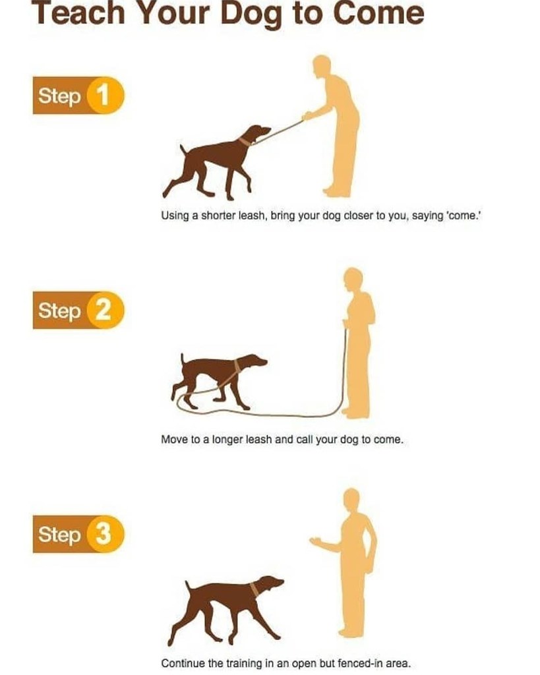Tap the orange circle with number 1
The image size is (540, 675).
pos(103,96)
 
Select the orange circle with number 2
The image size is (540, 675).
pos(103,310)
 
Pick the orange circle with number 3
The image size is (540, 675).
pos(103,535)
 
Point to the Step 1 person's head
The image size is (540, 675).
pos(321,67)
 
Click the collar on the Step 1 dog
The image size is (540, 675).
pos(245,140)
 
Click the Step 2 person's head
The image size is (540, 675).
pos(353,278)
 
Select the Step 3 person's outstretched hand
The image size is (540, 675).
pos(316,541)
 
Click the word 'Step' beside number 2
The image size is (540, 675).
pos(59,310)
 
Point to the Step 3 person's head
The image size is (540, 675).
pos(351,498)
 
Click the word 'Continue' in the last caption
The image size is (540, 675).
pos(182,662)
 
